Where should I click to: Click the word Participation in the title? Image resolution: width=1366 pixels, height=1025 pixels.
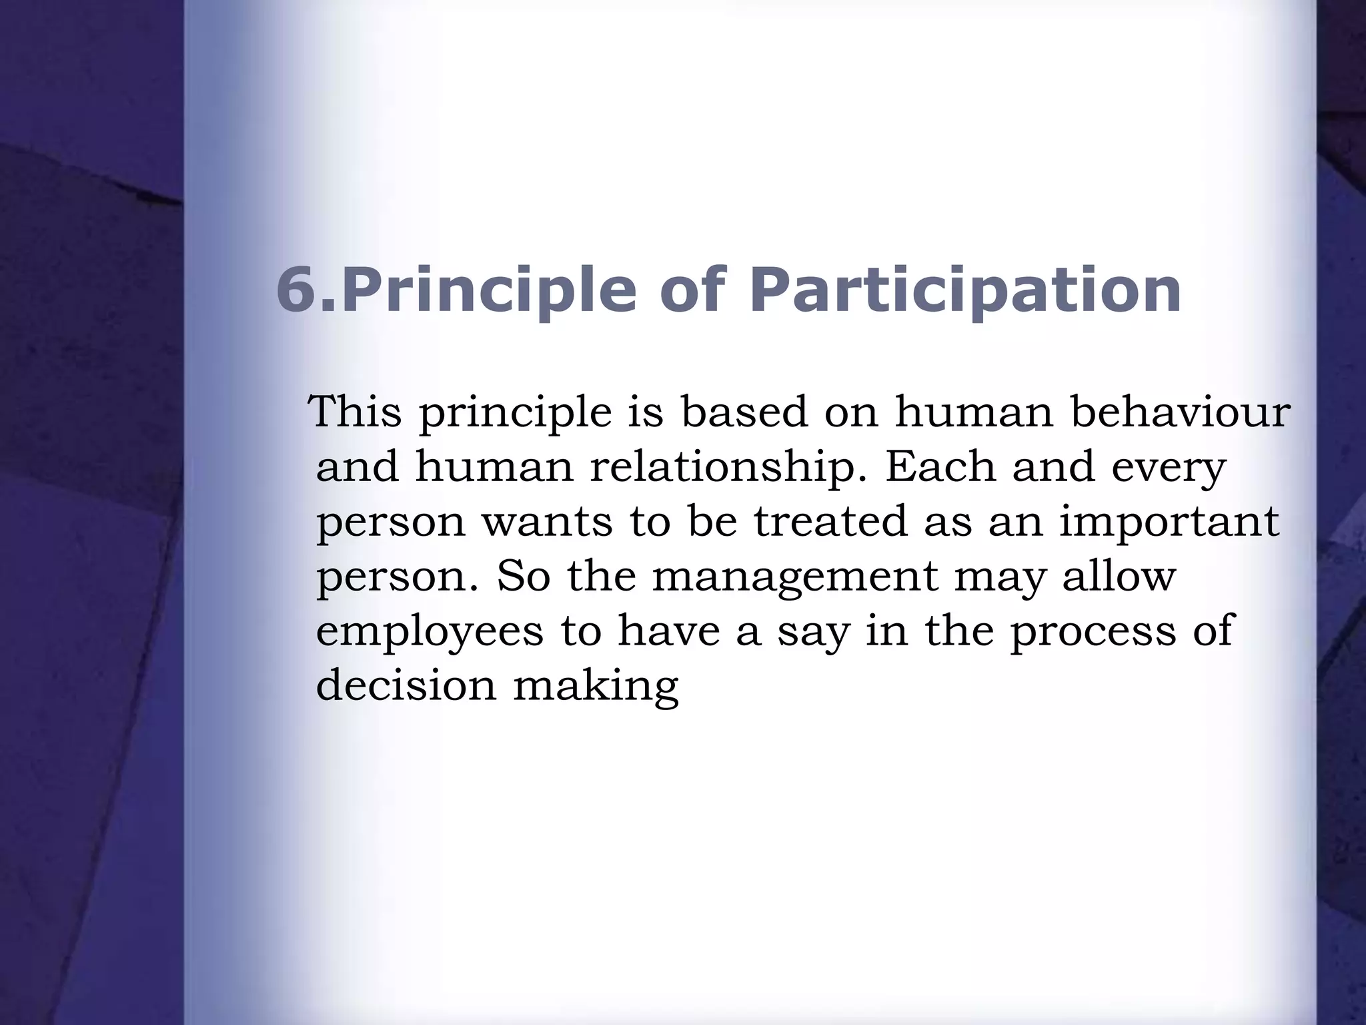965,292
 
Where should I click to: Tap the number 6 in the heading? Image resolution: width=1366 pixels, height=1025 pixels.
295,290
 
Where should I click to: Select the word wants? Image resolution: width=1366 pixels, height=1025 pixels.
547,522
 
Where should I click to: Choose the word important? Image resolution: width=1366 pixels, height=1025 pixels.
1169,522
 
